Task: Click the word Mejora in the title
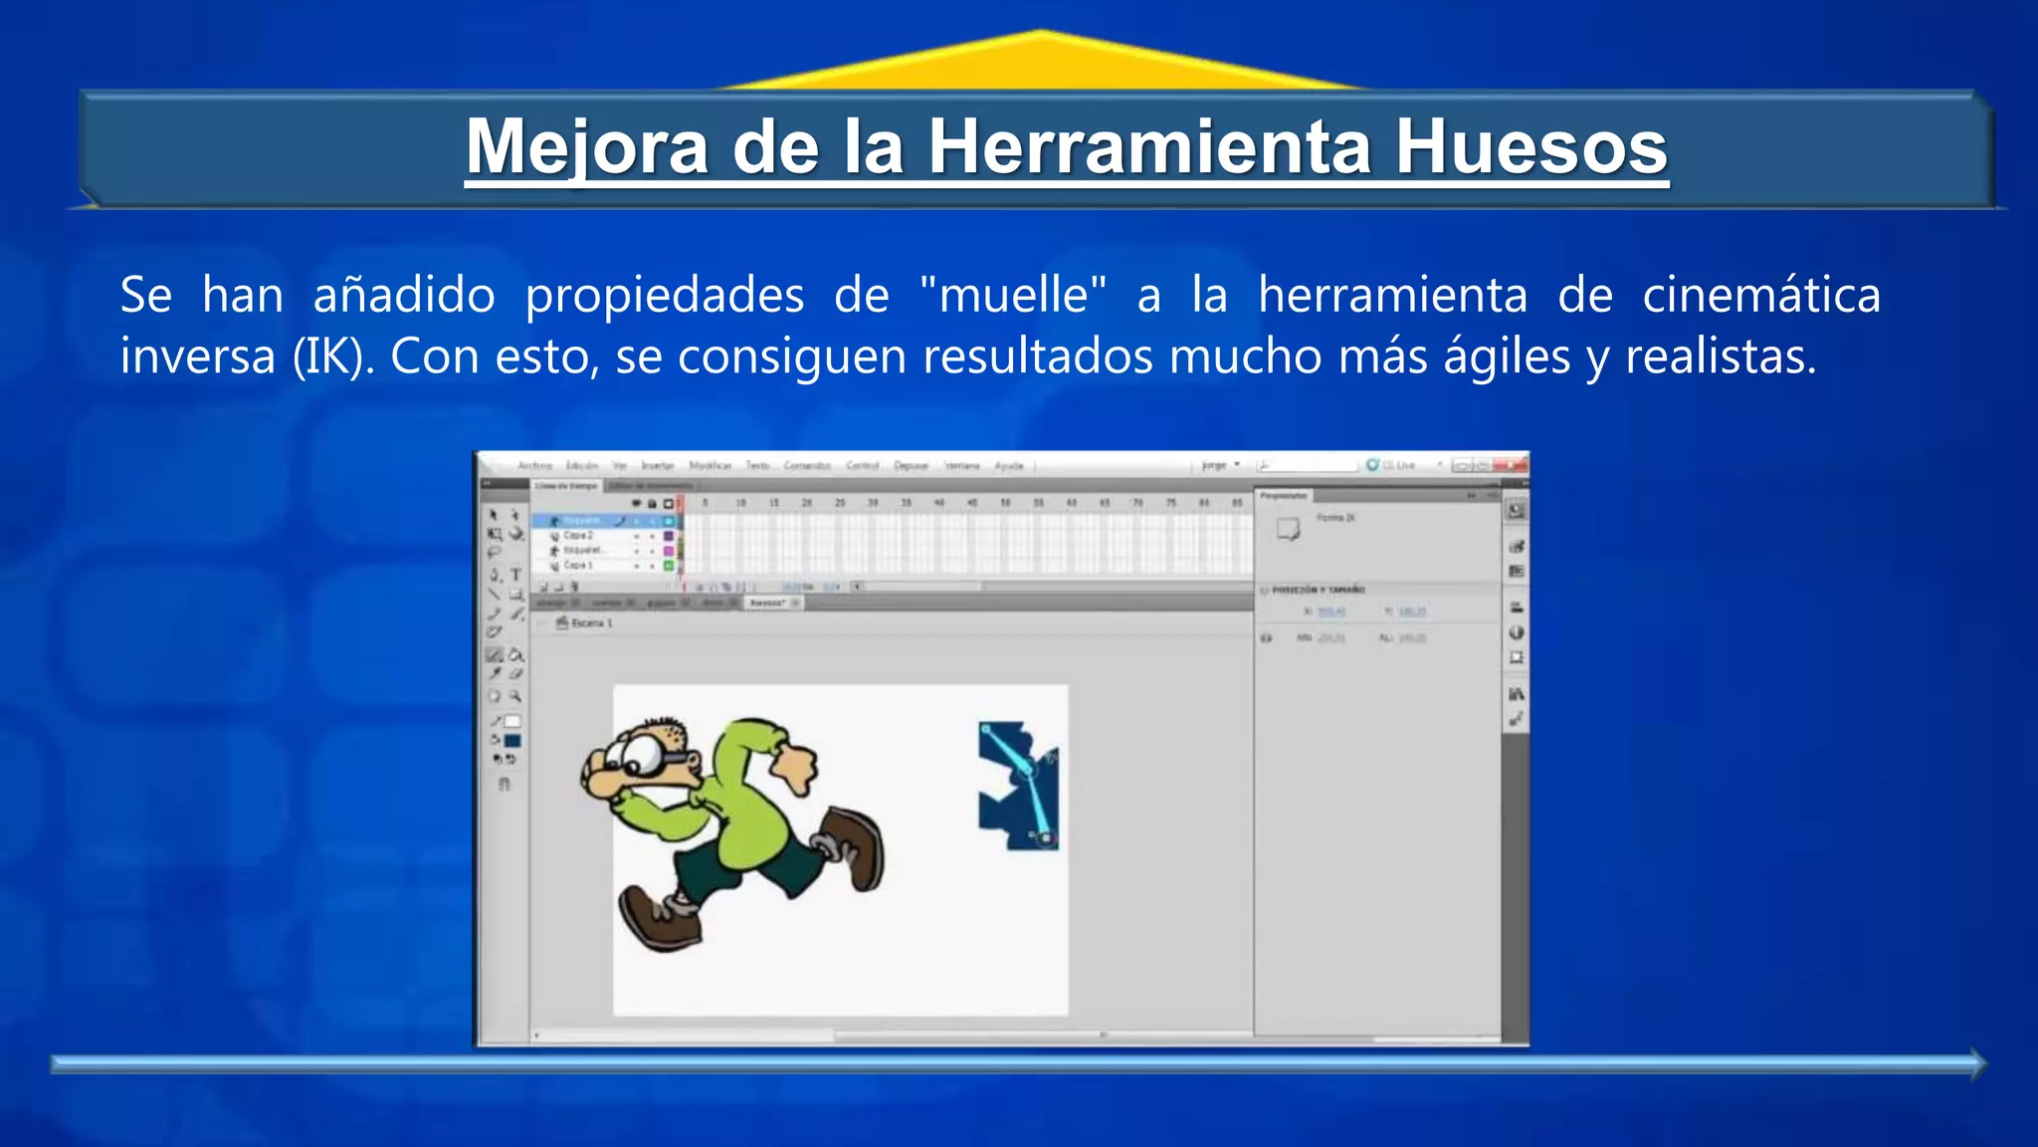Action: [587, 147]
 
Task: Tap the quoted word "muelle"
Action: [1013, 296]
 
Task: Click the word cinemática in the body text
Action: [1760, 296]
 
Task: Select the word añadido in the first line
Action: [404, 296]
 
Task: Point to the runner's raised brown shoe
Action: [854, 845]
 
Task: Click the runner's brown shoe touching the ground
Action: [660, 917]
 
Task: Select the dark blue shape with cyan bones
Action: [1017, 787]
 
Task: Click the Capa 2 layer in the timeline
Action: [578, 536]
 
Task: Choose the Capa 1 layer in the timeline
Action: [578, 566]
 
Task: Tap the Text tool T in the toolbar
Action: [515, 574]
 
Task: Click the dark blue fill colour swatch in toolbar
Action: [512, 741]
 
